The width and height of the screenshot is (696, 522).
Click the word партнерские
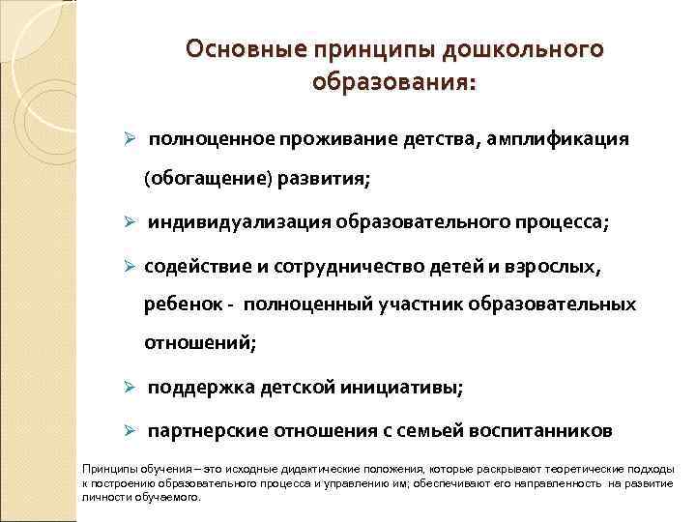tap(204, 430)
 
